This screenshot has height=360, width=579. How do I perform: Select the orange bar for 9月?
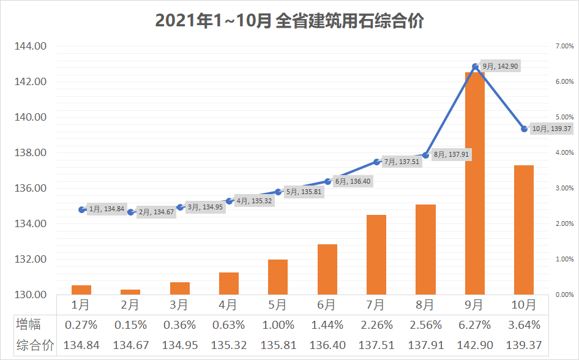coord(474,184)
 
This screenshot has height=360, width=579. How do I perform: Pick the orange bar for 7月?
coord(376,255)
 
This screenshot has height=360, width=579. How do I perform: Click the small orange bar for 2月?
coord(130,292)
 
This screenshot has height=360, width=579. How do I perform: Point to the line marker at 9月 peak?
coord(475,67)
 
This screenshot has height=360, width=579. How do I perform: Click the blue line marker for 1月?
coord(82,209)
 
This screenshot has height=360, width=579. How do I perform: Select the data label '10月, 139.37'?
coord(551,129)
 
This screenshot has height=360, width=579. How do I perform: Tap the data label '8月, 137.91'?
coord(451,155)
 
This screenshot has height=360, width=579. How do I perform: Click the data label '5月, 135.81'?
coord(304,192)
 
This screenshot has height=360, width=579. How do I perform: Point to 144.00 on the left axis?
coord(31,47)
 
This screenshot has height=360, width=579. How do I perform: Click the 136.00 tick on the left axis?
coord(31,188)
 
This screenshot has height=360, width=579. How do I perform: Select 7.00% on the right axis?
coord(564,47)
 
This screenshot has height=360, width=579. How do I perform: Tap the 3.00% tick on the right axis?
coord(564,188)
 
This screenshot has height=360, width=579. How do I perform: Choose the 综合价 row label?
coord(35,345)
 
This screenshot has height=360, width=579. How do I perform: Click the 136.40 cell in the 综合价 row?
coord(326,345)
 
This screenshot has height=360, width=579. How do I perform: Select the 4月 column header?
coord(228,304)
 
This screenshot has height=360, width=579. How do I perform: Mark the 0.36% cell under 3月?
coord(179,324)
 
